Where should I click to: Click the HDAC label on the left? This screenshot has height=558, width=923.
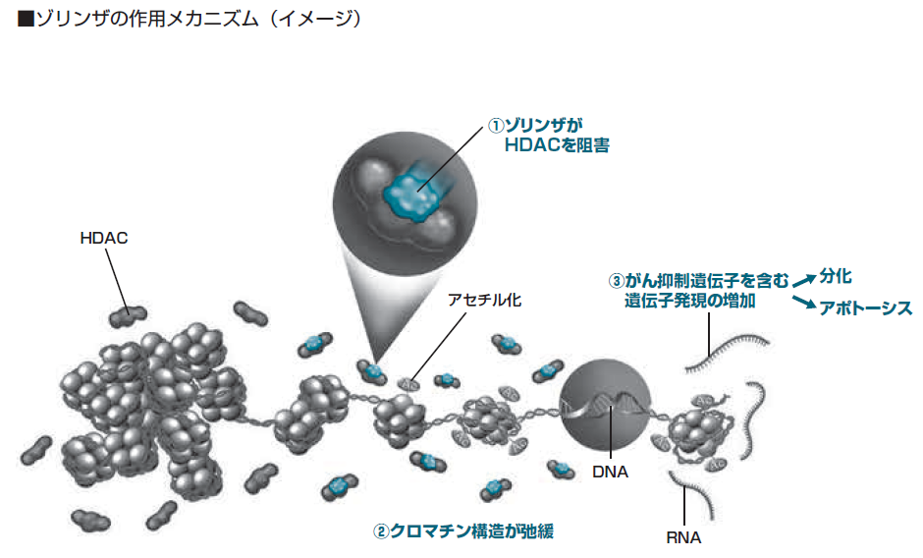point(104,238)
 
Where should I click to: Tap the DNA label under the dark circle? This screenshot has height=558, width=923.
point(610,472)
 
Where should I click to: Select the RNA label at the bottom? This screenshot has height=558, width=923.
point(683,537)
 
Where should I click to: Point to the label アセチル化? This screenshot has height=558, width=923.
point(484,300)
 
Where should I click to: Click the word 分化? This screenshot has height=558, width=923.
point(836,276)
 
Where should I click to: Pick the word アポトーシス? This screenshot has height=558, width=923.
point(865,307)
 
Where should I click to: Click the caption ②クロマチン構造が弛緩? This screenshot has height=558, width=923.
point(463,530)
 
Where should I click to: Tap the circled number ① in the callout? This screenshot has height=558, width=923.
point(496,126)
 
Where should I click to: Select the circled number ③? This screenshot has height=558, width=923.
point(616,281)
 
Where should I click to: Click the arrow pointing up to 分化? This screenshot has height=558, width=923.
point(804,280)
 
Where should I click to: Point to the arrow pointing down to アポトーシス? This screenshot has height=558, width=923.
point(804,302)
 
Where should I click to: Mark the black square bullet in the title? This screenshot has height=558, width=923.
point(27,20)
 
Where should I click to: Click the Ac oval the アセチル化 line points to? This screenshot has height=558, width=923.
point(408,384)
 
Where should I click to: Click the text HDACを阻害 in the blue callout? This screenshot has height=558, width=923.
point(557,145)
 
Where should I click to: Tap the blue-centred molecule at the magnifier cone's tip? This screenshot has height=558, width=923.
point(372,371)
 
